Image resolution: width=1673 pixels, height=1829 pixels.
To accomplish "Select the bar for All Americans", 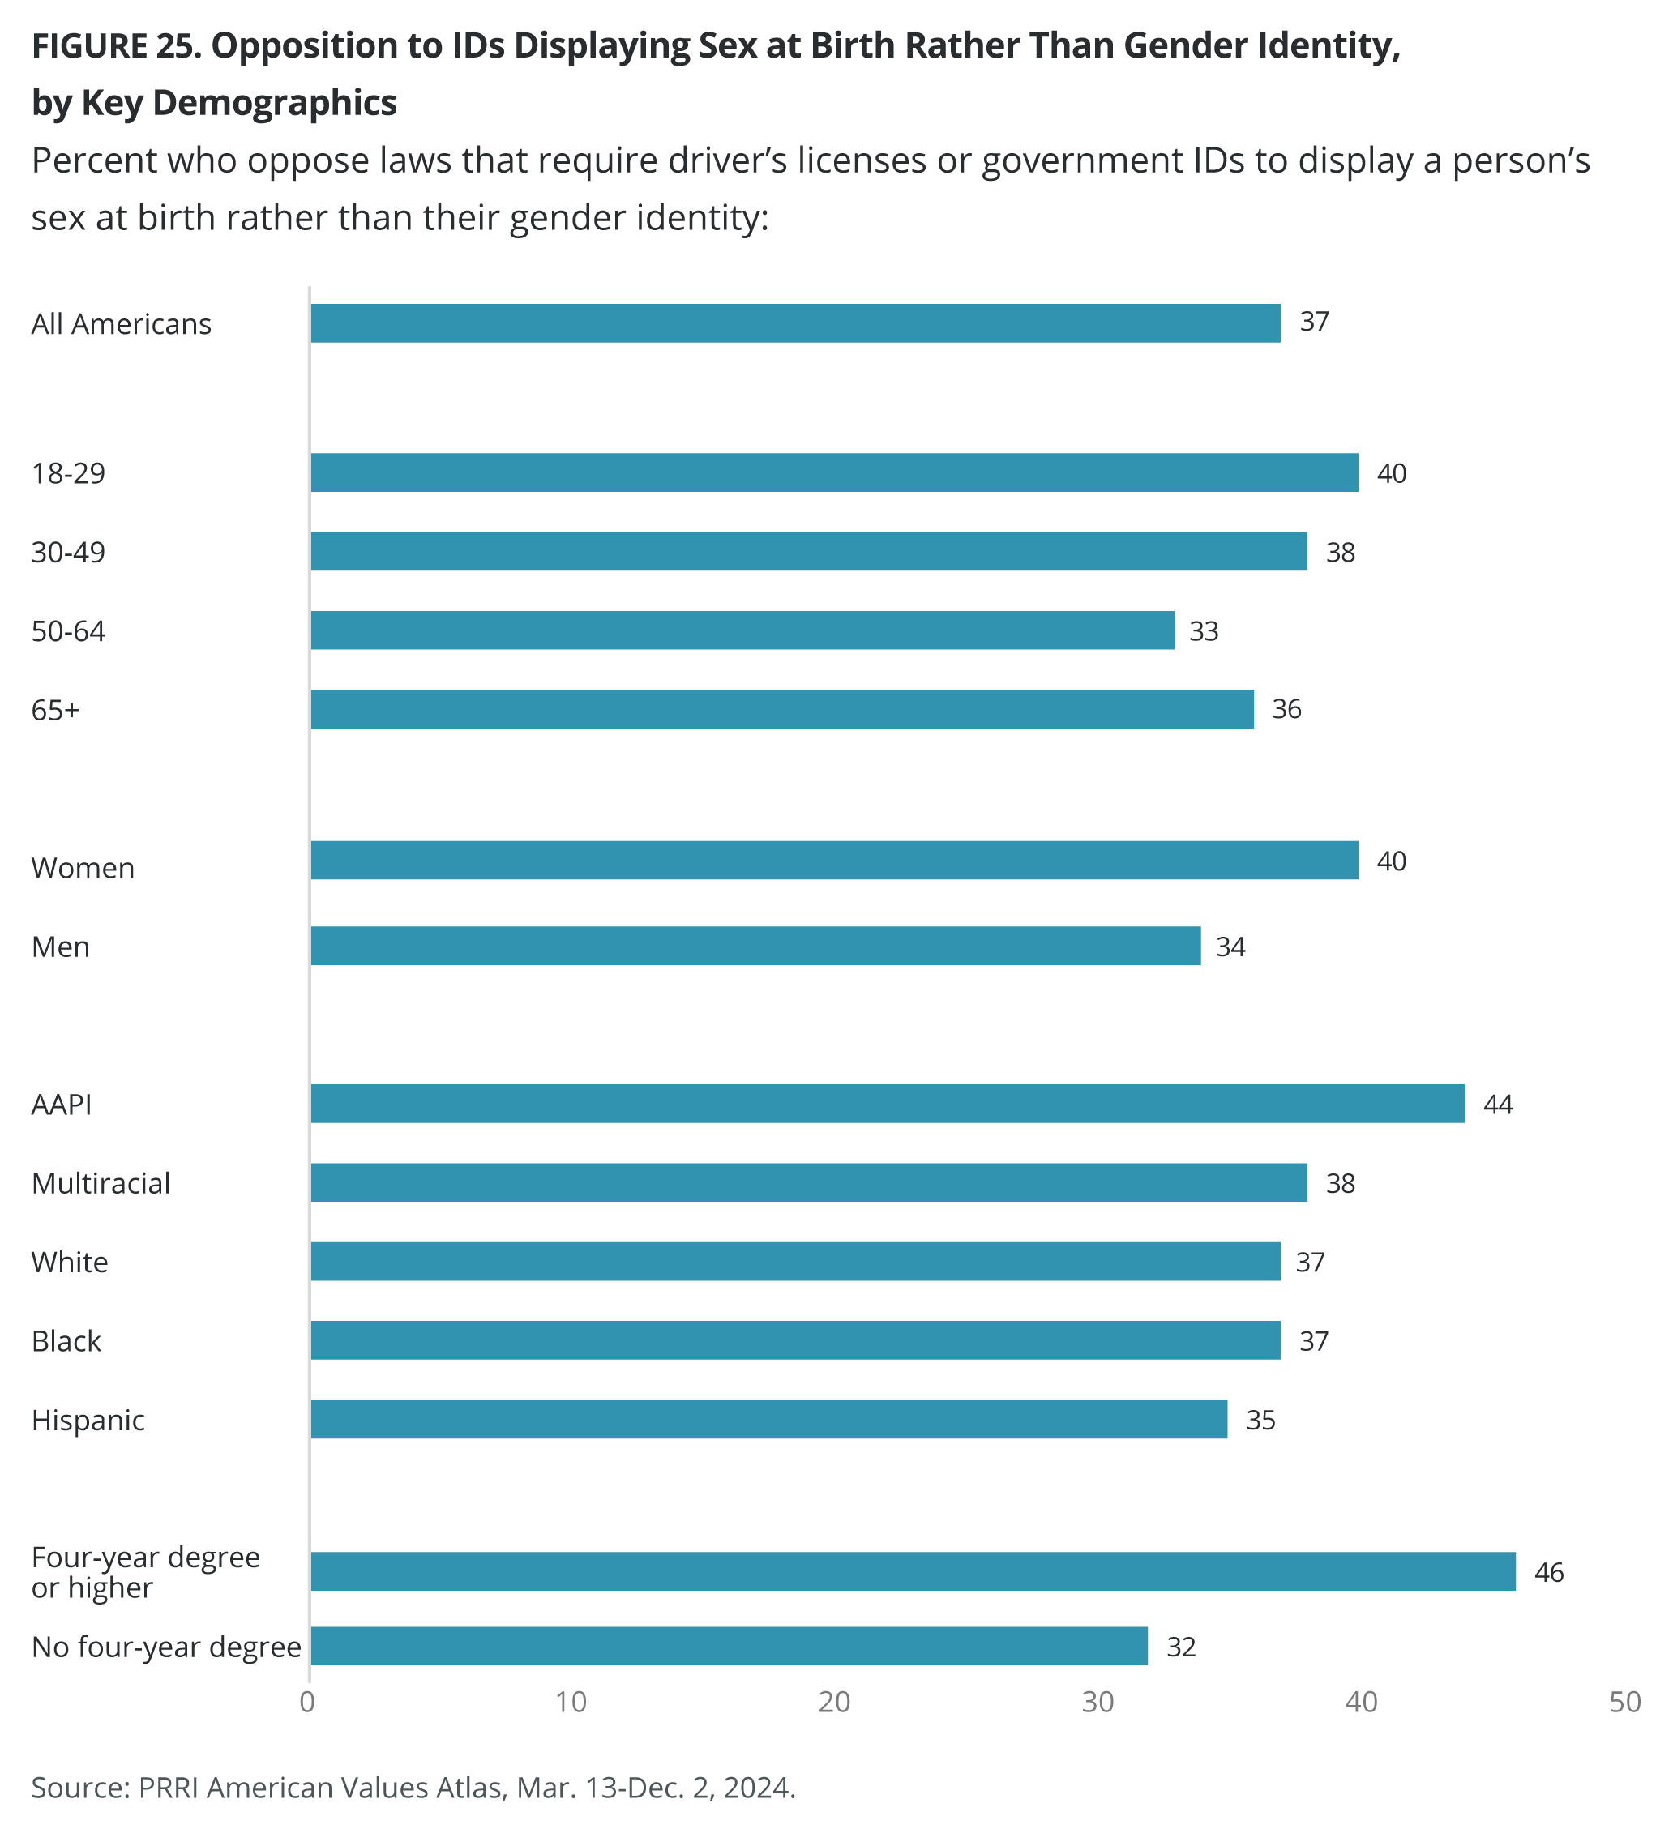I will point(795,323).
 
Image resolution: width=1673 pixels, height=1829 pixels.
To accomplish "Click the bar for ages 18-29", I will point(834,472).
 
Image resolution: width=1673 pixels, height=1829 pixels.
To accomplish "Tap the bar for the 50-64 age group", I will point(742,630).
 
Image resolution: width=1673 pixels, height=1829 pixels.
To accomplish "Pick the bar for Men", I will point(755,946).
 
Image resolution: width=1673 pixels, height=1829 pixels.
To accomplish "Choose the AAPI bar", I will point(887,1103).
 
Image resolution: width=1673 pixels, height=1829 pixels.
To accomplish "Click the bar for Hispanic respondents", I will point(768,1419).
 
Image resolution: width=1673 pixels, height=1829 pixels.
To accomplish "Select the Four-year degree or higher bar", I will point(913,1571).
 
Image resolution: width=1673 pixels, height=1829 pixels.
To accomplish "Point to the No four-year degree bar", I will point(729,1646).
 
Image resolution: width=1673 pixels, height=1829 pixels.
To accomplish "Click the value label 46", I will point(1549,1572).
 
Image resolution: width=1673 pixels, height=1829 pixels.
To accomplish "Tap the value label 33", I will point(1203,630).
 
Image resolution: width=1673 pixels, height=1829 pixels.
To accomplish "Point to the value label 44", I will point(1497,1104).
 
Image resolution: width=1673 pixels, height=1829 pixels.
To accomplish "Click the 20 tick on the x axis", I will point(834,1703).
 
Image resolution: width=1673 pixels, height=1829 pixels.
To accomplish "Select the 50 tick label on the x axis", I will point(1625,1703).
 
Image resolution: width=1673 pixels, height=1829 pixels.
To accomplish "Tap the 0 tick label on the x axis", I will point(307,1703).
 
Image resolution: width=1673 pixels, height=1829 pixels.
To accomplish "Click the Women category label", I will point(83,868).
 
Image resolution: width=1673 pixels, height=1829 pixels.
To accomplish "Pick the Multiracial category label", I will point(101,1183).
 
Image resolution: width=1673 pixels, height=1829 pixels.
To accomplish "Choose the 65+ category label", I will point(55,709).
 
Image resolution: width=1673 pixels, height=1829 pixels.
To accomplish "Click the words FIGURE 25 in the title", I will point(115,45).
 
